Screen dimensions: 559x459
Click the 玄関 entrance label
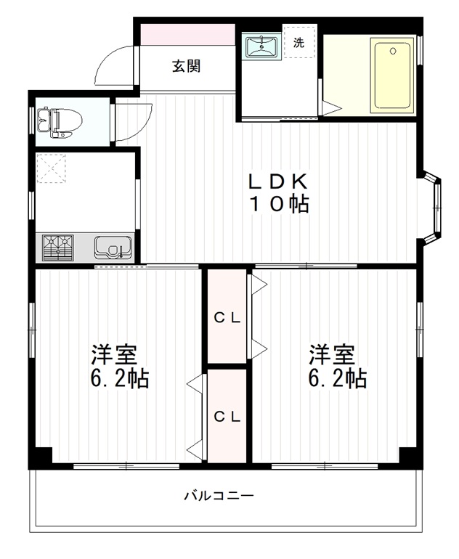click(186, 67)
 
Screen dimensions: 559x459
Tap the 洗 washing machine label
click(299, 42)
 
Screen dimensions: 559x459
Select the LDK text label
click(280, 181)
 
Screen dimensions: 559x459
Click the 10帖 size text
click(280, 205)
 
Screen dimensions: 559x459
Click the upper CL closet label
click(227, 317)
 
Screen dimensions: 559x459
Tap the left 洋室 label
click(114, 355)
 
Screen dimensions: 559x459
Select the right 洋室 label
click(332, 355)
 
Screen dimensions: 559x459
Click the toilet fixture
click(58, 122)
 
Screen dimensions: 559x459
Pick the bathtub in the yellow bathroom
click(392, 76)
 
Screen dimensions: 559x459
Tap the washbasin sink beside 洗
click(261, 48)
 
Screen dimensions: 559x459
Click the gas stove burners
click(59, 248)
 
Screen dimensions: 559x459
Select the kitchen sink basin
click(113, 248)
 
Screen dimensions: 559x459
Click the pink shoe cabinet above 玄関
click(187, 34)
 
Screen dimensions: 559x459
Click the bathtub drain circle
click(394, 52)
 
